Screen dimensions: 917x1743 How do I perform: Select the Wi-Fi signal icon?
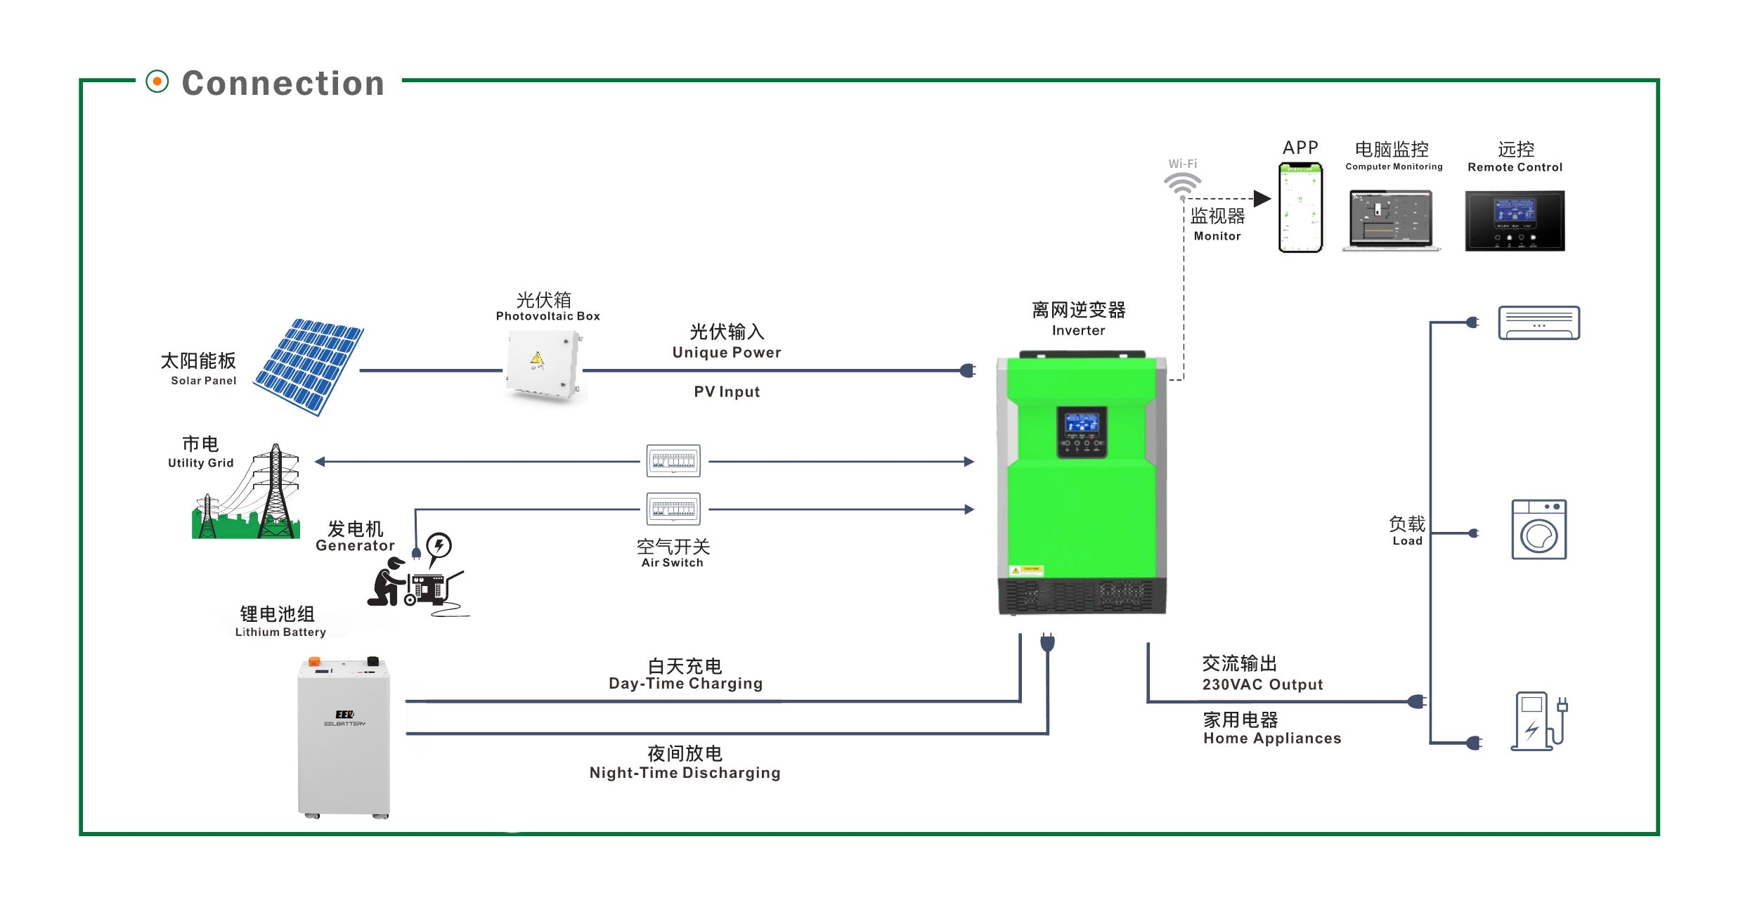(1182, 184)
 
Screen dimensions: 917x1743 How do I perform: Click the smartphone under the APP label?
(1300, 207)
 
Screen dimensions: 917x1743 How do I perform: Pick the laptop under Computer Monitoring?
(1391, 219)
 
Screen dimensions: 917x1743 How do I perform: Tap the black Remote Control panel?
(1515, 220)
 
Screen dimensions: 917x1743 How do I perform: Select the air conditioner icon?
(1538, 323)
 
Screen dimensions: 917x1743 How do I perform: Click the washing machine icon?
(1538, 530)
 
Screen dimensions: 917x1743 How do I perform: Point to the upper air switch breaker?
(673, 461)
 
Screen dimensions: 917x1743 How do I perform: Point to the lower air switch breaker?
(673, 509)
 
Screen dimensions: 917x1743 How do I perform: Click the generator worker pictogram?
(415, 580)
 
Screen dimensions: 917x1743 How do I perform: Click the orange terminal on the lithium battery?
(314, 661)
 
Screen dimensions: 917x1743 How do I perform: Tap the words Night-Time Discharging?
(685, 773)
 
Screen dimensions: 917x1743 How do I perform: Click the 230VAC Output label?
(1262, 684)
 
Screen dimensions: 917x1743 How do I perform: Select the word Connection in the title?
(283, 84)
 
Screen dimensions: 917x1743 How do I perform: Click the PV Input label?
(727, 392)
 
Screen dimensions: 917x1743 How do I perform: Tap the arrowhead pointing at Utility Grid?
(320, 462)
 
